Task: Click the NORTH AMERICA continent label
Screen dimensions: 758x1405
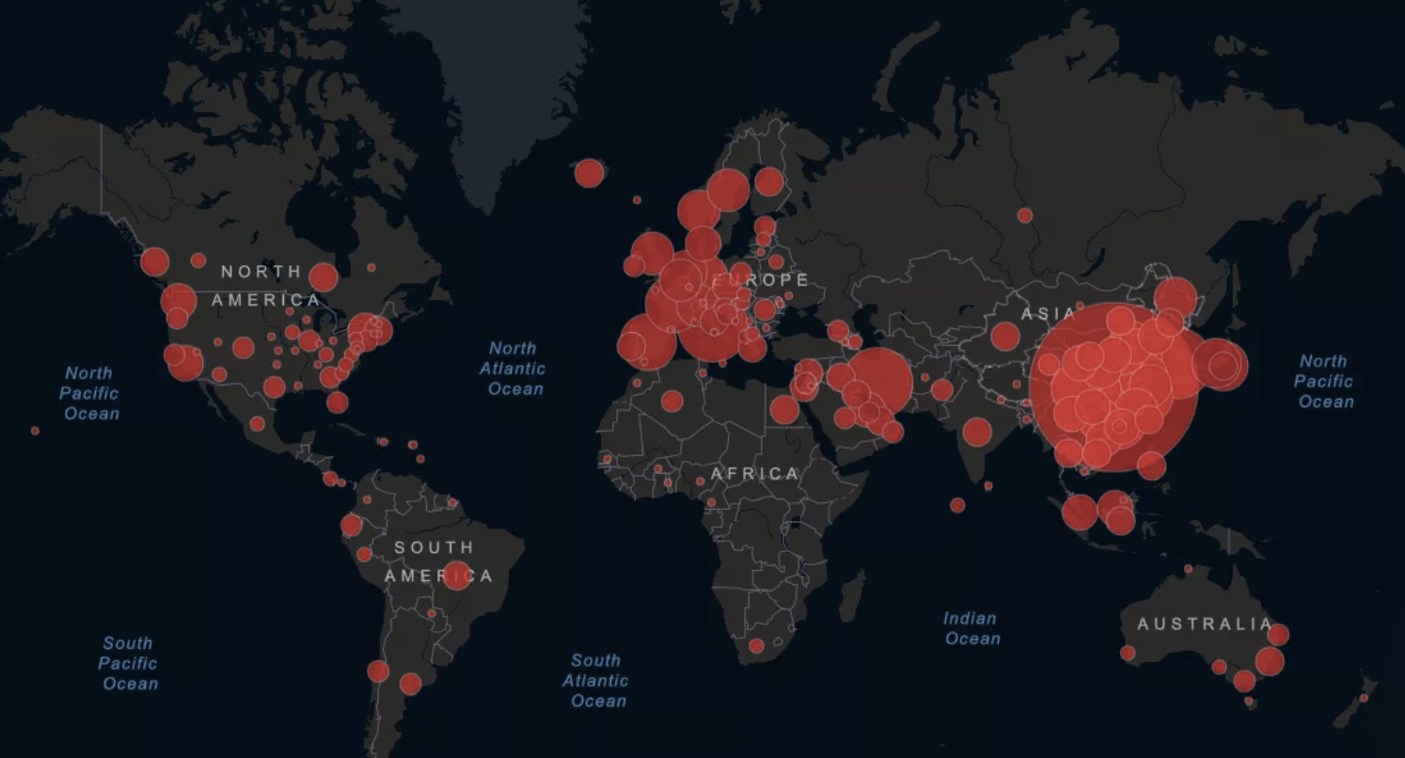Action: tap(263, 286)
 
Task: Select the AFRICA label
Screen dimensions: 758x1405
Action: tap(755, 474)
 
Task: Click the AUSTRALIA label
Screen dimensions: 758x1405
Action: tap(1205, 624)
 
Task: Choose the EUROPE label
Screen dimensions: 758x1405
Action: tap(762, 280)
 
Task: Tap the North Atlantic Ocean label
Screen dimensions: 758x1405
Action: tap(513, 369)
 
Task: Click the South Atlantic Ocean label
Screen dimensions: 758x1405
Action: tap(596, 680)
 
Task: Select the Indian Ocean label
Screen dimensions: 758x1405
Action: tap(971, 628)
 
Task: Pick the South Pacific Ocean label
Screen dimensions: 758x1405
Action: tap(128, 663)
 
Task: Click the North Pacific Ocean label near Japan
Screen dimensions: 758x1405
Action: tap(1324, 381)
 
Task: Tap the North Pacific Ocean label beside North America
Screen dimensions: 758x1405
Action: tap(90, 393)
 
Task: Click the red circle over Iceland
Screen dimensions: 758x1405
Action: tap(589, 173)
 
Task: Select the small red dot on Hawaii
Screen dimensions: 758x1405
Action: tap(35, 431)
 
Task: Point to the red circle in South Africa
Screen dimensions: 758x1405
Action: tap(756, 646)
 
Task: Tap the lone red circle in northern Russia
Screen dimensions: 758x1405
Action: tap(1025, 215)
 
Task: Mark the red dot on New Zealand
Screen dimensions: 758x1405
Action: tap(1364, 698)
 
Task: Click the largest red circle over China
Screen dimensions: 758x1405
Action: tap(1114, 387)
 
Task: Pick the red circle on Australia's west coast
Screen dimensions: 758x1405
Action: tap(1128, 653)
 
